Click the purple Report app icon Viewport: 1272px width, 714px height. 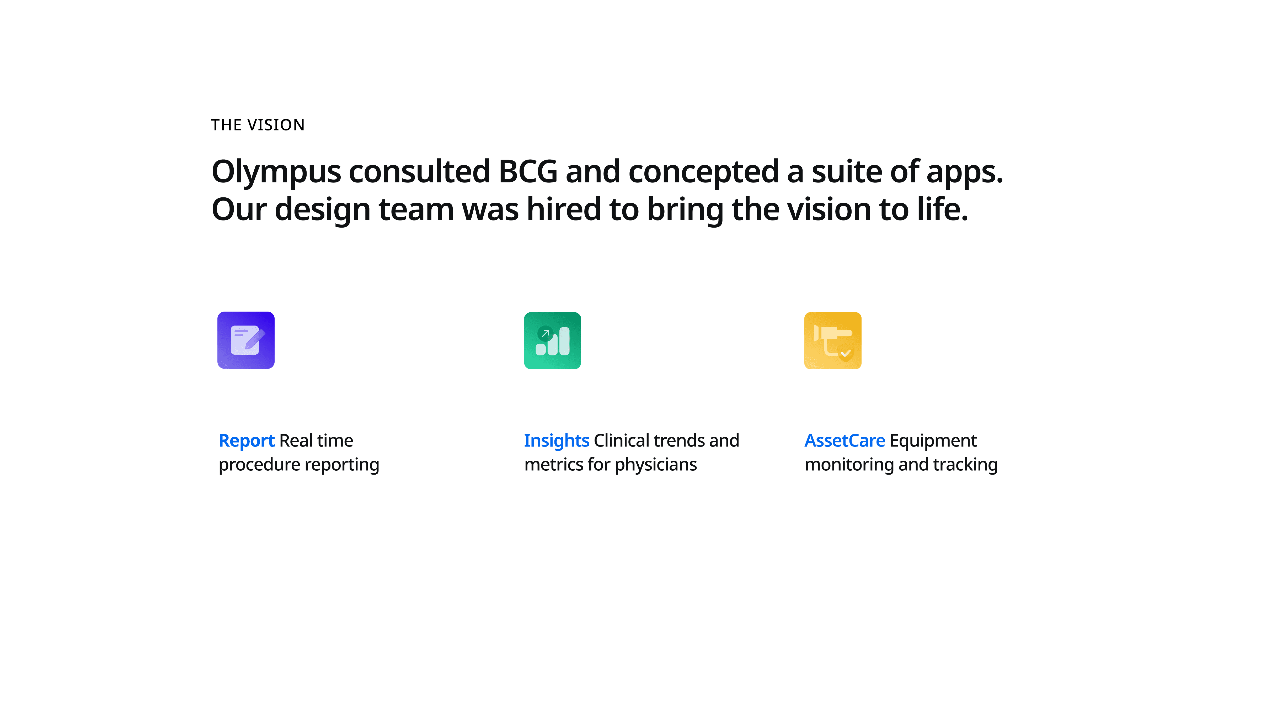[x=246, y=340]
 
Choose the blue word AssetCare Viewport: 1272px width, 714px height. [x=845, y=440]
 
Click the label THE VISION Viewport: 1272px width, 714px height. [x=258, y=125]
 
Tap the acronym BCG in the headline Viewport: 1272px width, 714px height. [x=528, y=171]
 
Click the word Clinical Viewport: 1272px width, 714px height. [x=621, y=440]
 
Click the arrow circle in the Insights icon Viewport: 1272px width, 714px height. [x=545, y=334]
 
